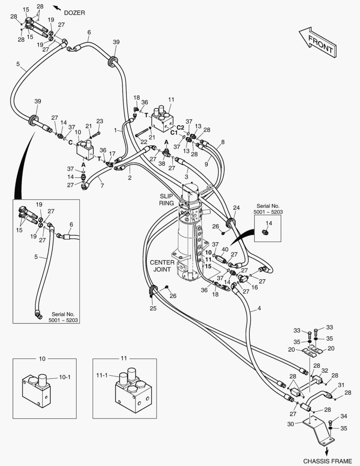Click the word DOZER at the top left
point(75,13)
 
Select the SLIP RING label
point(166,199)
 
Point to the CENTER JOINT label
point(163,266)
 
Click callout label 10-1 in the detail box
point(64,377)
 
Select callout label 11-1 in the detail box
point(102,375)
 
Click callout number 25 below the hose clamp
point(153,308)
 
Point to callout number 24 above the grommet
point(236,208)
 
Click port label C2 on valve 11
point(180,127)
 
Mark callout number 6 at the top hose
point(89,32)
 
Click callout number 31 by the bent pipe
point(341,385)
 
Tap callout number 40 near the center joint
point(225,250)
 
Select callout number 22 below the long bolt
point(144,142)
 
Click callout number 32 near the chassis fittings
point(324,370)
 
